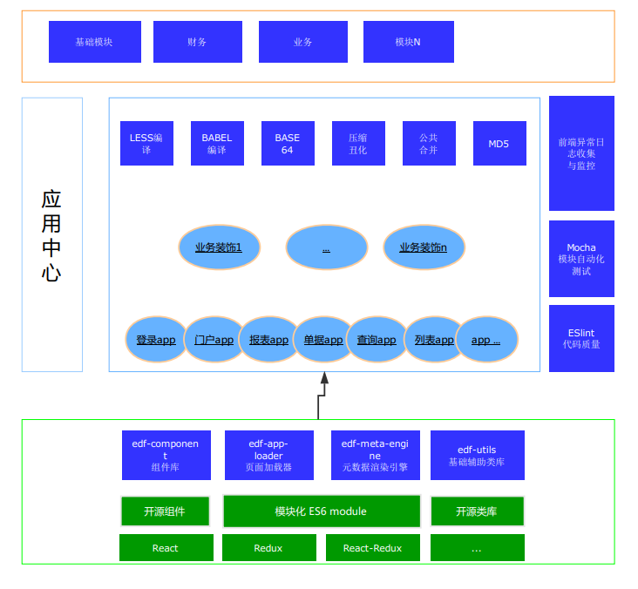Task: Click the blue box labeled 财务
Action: (198, 42)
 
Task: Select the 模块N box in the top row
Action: (409, 42)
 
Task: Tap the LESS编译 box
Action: (147, 143)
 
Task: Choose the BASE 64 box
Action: (288, 143)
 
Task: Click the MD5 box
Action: (499, 143)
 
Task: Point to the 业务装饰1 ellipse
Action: (220, 247)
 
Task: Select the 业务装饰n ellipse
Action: (424, 247)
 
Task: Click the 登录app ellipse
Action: (156, 339)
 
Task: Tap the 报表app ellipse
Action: (269, 339)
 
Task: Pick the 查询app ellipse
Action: (377, 339)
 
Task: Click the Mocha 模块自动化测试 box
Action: (581, 259)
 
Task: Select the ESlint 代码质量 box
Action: (581, 338)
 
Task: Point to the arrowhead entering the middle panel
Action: (324, 377)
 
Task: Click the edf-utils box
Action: (478, 455)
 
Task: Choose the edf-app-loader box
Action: (269, 455)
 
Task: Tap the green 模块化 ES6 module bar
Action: (322, 511)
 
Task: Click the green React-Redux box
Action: (373, 548)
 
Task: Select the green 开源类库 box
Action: (478, 511)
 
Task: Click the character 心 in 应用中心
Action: (51, 273)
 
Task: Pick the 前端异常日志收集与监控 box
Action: (581, 153)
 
